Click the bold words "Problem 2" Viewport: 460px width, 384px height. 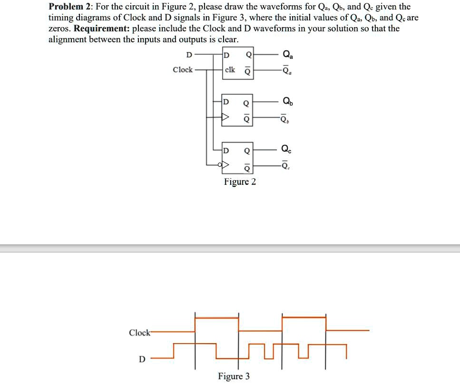tap(70, 7)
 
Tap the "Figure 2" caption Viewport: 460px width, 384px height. tap(240, 182)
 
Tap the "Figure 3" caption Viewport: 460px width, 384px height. tap(234, 376)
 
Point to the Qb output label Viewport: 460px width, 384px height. tap(287, 101)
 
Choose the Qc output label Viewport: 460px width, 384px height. tap(287, 149)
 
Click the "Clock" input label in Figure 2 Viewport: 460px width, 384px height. tap(183, 70)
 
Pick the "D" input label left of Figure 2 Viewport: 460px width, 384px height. tap(189, 55)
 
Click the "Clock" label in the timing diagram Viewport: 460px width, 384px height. tap(139, 333)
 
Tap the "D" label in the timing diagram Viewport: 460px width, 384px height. tap(141, 359)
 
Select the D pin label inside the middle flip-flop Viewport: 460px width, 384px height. tap(226, 102)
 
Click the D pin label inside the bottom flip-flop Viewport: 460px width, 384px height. tap(226, 151)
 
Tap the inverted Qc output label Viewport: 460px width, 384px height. tap(286, 166)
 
